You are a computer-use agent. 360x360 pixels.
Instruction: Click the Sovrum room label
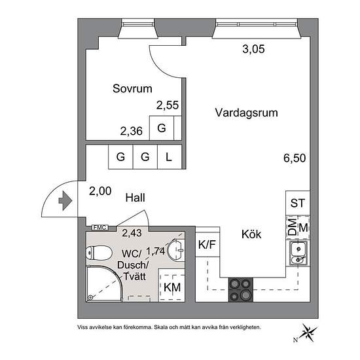click(132, 88)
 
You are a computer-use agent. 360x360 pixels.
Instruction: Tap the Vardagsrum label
click(246, 113)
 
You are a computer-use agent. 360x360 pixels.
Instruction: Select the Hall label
click(135, 198)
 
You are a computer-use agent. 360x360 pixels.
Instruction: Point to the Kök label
click(251, 234)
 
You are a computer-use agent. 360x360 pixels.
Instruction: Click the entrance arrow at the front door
click(65, 201)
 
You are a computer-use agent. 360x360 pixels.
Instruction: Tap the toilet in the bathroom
click(99, 253)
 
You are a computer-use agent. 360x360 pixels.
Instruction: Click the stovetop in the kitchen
click(241, 290)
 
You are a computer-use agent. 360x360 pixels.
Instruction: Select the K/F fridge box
click(207, 245)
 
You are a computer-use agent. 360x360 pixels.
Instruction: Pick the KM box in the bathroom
click(172, 287)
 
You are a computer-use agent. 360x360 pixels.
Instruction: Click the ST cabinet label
click(298, 203)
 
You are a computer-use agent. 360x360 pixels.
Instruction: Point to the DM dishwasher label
click(292, 227)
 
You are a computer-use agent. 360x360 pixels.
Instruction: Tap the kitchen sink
click(298, 253)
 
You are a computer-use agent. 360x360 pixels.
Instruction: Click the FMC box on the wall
click(100, 228)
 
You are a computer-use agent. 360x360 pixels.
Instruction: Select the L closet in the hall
click(170, 157)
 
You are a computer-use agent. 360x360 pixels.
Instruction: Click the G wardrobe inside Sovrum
click(162, 128)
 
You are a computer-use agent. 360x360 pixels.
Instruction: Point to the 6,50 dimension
click(295, 158)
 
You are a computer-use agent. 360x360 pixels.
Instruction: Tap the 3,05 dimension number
click(253, 49)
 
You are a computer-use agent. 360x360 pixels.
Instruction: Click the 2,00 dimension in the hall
click(100, 191)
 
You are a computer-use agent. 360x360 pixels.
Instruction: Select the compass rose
click(309, 332)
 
